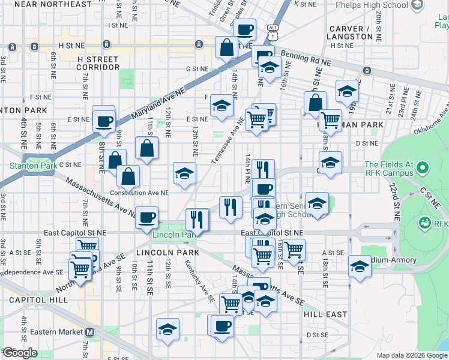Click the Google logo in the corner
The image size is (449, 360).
[x=20, y=353]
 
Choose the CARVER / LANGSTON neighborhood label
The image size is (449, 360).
[x=351, y=32]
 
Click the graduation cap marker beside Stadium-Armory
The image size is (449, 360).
[x=360, y=266]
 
